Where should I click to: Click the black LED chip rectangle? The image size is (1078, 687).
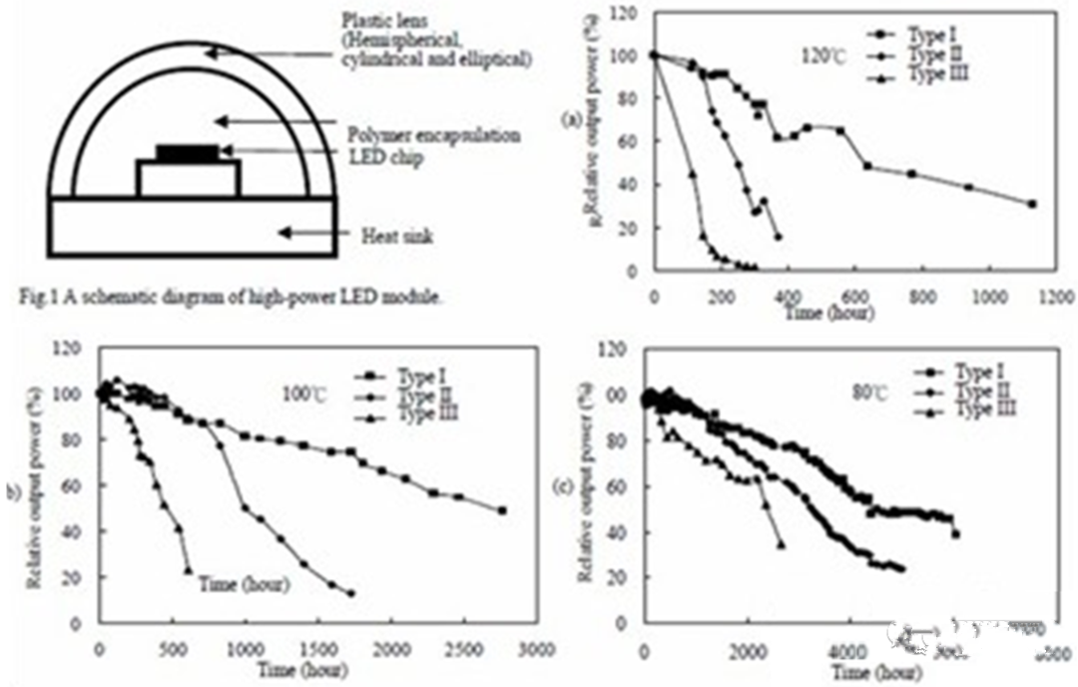coord(188,153)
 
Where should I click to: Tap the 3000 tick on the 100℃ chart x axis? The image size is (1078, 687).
coord(536,649)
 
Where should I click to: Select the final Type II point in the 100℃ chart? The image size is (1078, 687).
coord(351,593)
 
